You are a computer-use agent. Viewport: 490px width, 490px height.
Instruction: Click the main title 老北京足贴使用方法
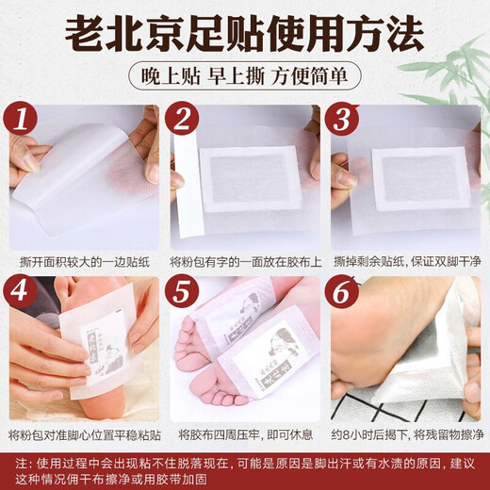[244, 37]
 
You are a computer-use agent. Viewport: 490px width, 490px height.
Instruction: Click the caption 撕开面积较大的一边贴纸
[84, 260]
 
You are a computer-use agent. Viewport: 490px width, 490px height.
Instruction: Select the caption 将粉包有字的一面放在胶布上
[244, 260]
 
